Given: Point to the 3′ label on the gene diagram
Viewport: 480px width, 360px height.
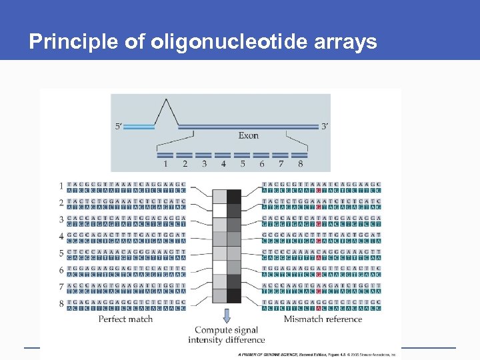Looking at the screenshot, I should (324, 126).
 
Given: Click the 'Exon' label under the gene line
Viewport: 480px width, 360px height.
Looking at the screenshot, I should (248, 136).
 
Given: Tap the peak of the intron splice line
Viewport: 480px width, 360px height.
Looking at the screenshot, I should (165, 100).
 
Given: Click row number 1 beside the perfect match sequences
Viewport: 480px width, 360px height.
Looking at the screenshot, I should (61, 186).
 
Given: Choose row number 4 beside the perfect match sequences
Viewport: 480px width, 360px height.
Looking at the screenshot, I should (61, 237).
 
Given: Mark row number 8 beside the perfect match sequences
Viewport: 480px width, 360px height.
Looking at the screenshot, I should (61, 304).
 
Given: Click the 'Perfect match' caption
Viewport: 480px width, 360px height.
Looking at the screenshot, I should (125, 319).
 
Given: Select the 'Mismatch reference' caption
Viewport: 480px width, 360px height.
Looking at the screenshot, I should (323, 319).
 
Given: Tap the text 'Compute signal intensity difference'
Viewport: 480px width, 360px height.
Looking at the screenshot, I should (226, 335).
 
